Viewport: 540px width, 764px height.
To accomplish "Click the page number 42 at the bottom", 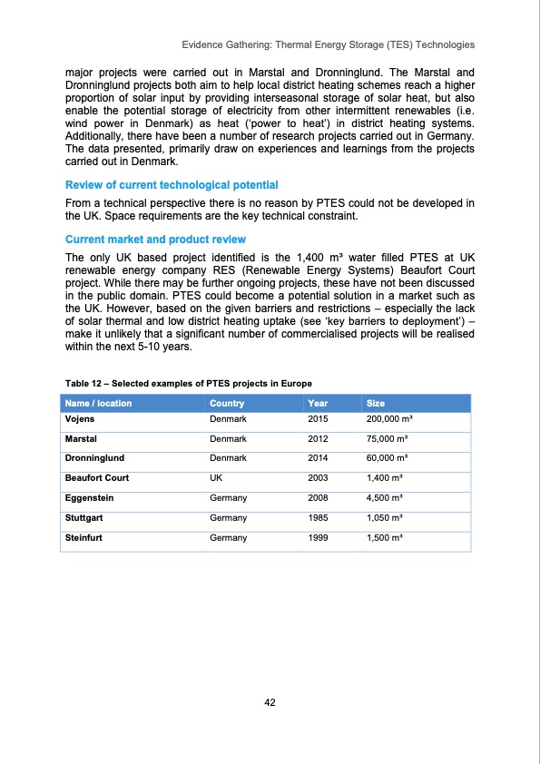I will (x=270, y=702).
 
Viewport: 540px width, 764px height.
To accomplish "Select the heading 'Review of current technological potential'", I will (x=172, y=185).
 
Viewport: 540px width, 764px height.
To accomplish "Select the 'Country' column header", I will (x=226, y=403).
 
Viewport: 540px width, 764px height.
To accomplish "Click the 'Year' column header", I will (x=319, y=403).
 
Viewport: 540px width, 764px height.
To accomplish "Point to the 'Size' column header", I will (x=375, y=403).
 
